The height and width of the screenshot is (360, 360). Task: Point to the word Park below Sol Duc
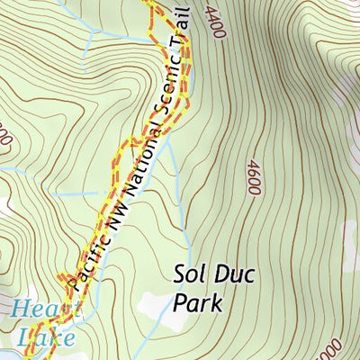click(x=196, y=302)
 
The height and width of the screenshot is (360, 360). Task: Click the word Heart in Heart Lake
click(x=34, y=310)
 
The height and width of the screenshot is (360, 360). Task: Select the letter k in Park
click(x=215, y=302)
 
